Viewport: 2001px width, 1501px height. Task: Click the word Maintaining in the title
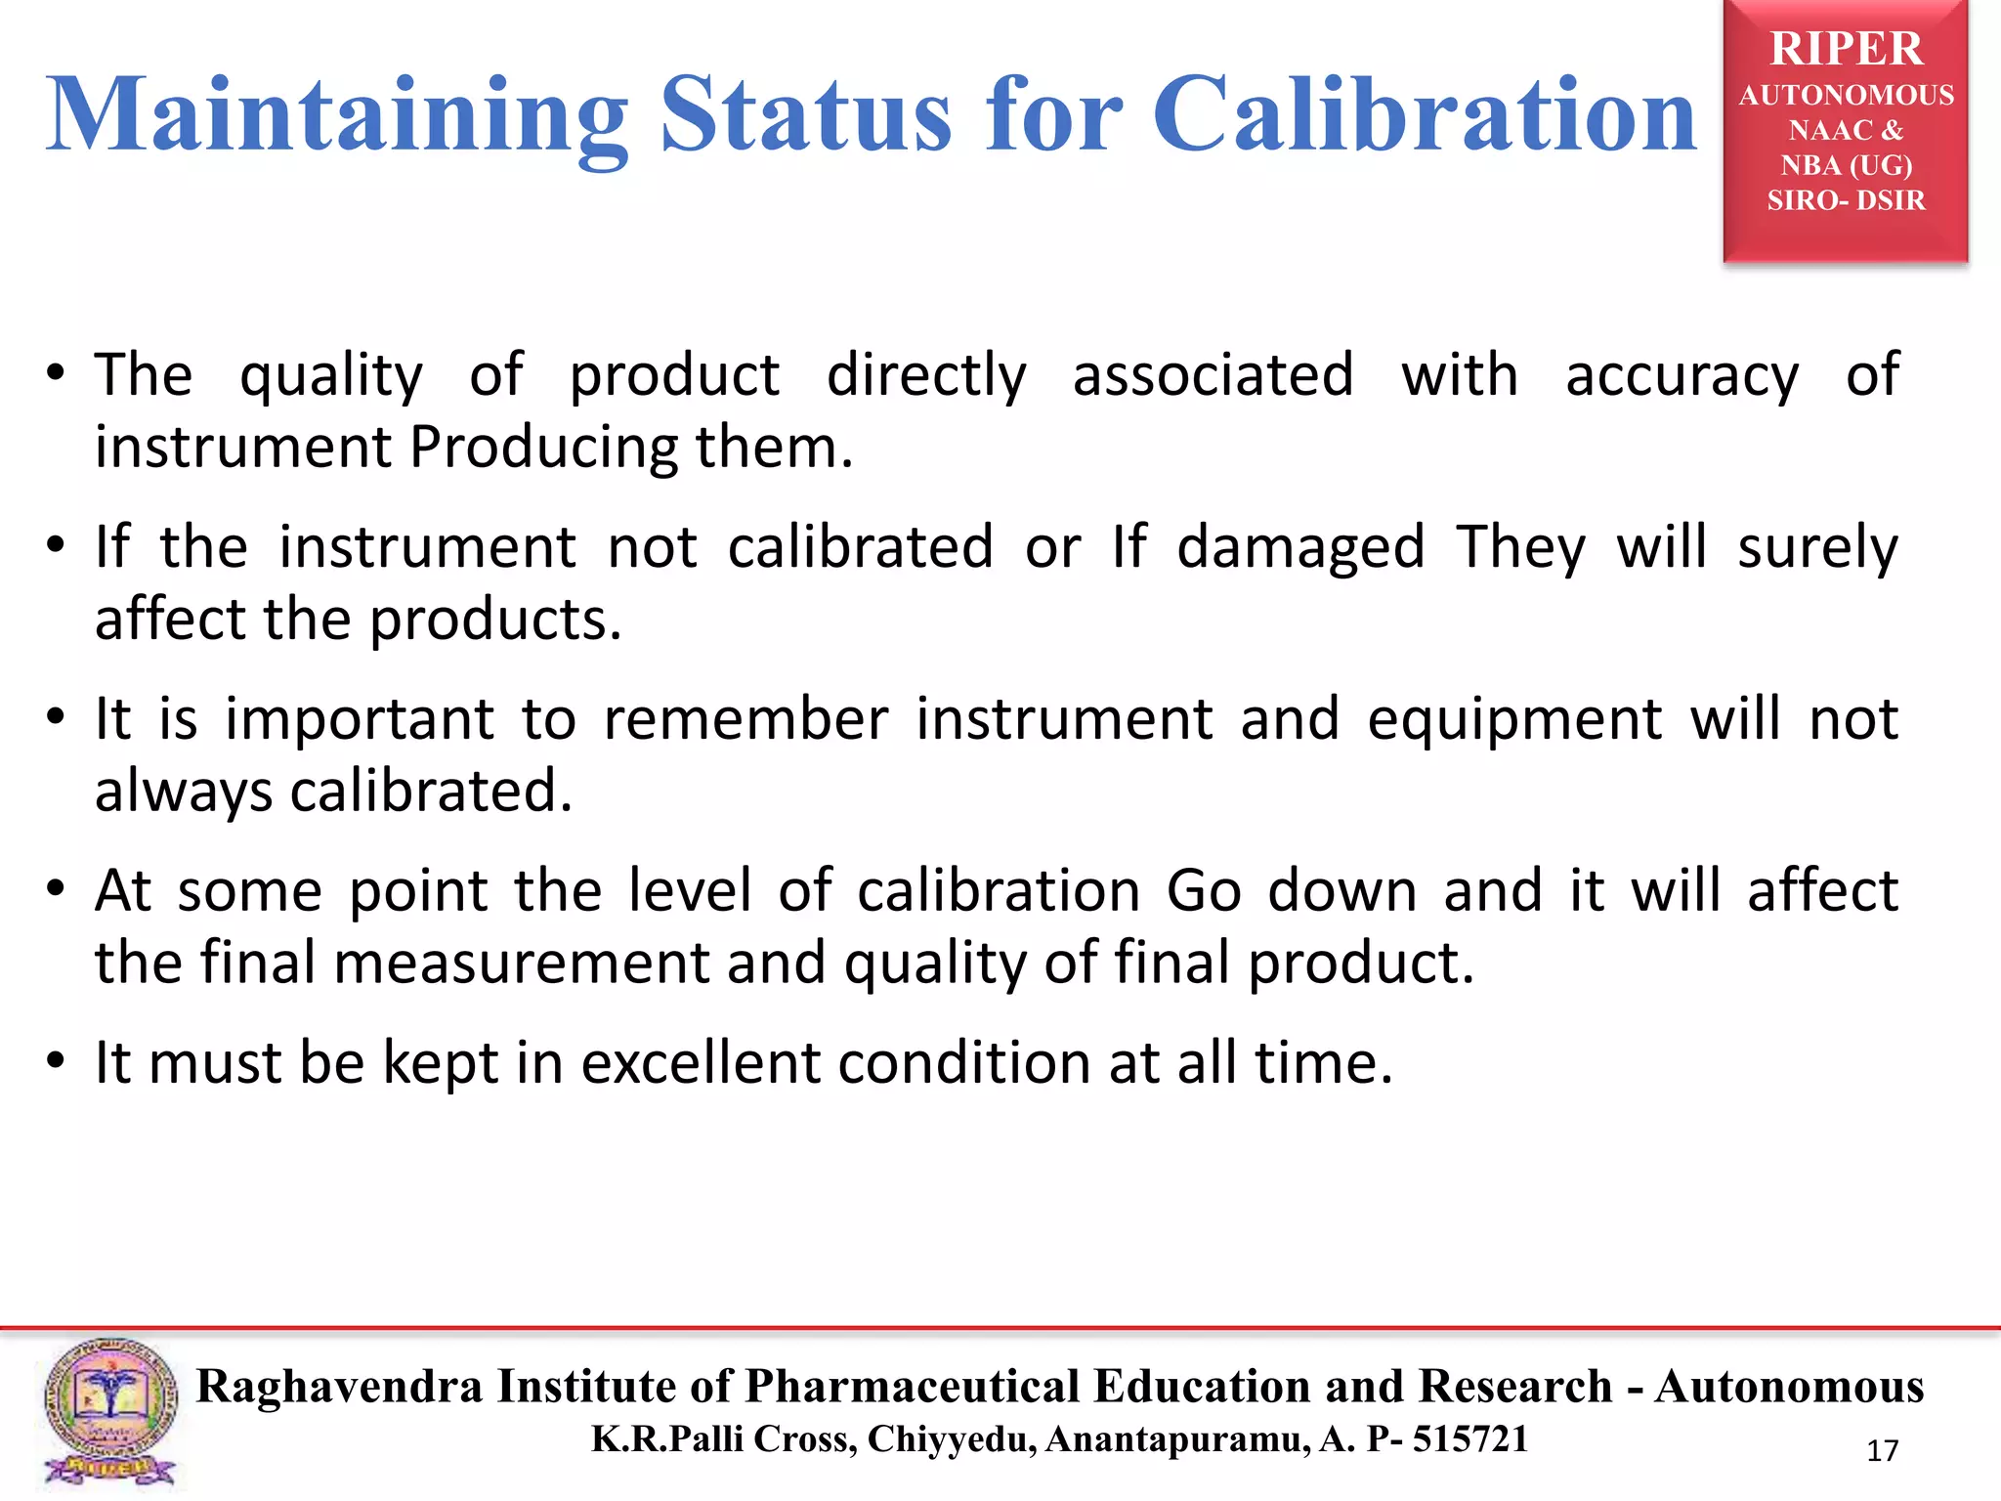coord(337,117)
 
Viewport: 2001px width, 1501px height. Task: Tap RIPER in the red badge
coord(1846,49)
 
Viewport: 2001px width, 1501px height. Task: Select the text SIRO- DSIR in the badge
coord(1846,200)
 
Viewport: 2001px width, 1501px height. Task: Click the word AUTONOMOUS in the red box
coord(1846,96)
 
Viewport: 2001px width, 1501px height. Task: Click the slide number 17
coord(1882,1451)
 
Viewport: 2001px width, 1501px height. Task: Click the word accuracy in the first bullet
coord(1682,376)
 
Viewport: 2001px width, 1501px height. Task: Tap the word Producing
coord(543,448)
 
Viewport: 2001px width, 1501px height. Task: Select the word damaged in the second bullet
coord(1300,547)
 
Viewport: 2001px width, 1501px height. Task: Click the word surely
coord(1817,547)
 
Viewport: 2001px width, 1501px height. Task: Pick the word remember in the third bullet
coord(745,719)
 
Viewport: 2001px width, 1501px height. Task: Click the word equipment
coord(1513,721)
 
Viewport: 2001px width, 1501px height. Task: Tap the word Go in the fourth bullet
coord(1204,891)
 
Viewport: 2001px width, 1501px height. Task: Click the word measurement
coord(521,964)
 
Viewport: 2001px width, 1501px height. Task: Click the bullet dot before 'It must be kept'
coord(57,1061)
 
